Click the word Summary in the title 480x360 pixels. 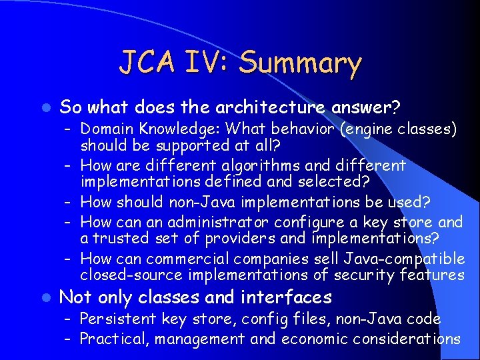click(300, 64)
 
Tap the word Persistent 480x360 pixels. click(114, 319)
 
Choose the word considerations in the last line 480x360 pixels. click(406, 338)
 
